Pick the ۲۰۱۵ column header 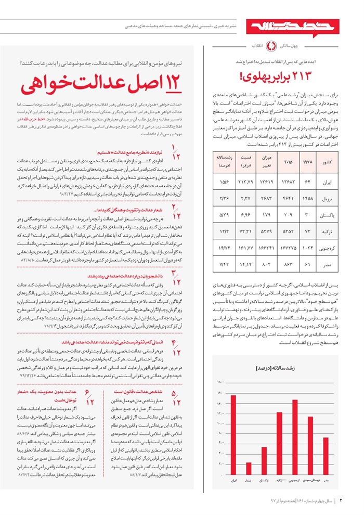pyautogui.click(x=288, y=162)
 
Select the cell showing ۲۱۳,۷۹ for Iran pyautogui.click(x=245, y=183)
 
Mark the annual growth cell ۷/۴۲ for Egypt pyautogui.click(x=225, y=264)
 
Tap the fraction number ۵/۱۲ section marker pyautogui.click(x=177, y=398)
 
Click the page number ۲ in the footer pyautogui.click(x=342, y=501)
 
